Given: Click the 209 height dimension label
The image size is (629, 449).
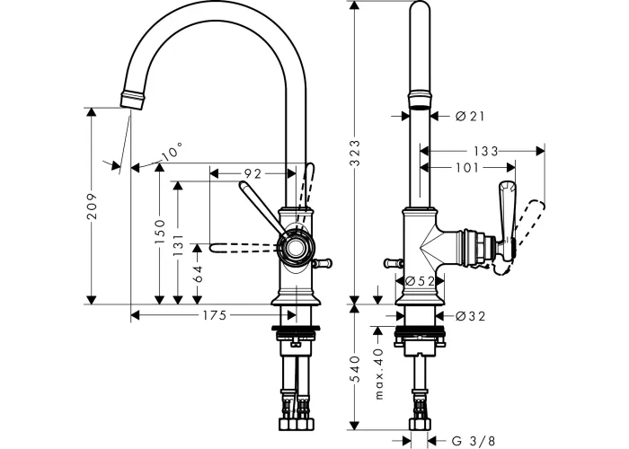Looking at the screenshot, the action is pyautogui.click(x=93, y=206).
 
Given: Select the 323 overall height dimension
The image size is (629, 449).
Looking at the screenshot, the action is pyautogui.click(x=356, y=153).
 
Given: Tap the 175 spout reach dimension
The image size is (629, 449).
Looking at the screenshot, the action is pyautogui.click(x=214, y=315).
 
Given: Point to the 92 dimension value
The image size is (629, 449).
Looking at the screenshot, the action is pyautogui.click(x=252, y=173).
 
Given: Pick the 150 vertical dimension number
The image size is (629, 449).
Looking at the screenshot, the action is pyautogui.click(x=160, y=232).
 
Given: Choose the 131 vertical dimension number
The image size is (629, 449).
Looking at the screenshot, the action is pyautogui.click(x=178, y=245).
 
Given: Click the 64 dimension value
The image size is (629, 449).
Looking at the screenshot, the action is pyautogui.click(x=198, y=274).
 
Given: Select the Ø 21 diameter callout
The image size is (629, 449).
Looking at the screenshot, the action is pyautogui.click(x=470, y=116).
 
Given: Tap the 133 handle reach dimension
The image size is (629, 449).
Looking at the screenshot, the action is pyautogui.click(x=485, y=151).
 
